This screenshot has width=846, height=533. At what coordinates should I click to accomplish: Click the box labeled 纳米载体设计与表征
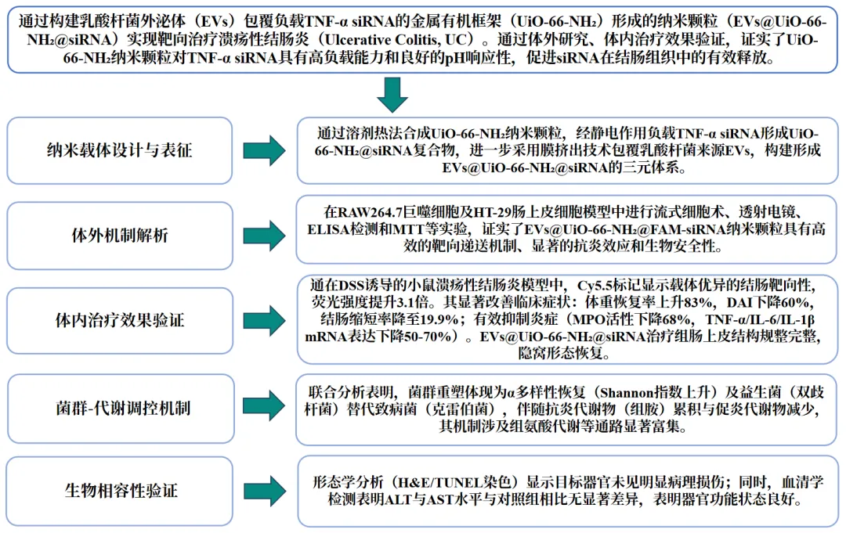[x=119, y=150]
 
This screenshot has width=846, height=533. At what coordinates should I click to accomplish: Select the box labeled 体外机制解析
[x=119, y=234]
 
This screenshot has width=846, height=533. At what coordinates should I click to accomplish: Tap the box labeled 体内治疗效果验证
[x=119, y=320]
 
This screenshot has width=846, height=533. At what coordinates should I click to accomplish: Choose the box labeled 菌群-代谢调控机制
[x=119, y=407]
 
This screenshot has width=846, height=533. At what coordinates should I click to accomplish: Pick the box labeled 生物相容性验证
[x=119, y=491]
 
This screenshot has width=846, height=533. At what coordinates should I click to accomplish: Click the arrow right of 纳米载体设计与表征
[x=263, y=150]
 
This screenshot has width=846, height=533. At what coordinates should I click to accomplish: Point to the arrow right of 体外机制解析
[x=263, y=234]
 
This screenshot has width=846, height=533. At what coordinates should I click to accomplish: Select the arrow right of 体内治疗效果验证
[x=263, y=320]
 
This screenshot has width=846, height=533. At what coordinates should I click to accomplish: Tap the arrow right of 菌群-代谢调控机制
[x=263, y=407]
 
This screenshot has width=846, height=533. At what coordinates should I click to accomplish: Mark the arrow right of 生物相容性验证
[x=263, y=491]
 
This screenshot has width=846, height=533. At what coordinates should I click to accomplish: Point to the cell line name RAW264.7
[x=368, y=213]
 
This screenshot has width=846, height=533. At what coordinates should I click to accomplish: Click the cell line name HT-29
[x=486, y=213]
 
